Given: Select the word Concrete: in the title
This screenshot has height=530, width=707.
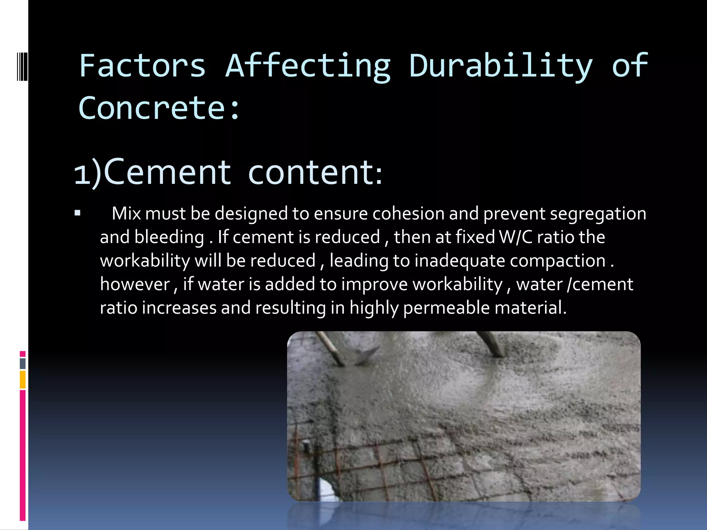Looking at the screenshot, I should pos(159,108).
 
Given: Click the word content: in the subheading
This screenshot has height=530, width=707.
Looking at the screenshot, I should pos(315,173).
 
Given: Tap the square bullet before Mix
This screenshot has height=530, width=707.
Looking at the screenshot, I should pos(77,213).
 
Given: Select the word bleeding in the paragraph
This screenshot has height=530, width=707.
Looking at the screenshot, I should pos(169,237).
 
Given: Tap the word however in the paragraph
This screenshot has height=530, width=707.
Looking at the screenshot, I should pos(135,284).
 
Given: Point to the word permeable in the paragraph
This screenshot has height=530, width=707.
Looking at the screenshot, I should pos(446,308).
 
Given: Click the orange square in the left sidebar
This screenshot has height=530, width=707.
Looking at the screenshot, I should pos(23,380).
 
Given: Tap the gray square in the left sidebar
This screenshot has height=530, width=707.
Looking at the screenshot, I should pos(23,363).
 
